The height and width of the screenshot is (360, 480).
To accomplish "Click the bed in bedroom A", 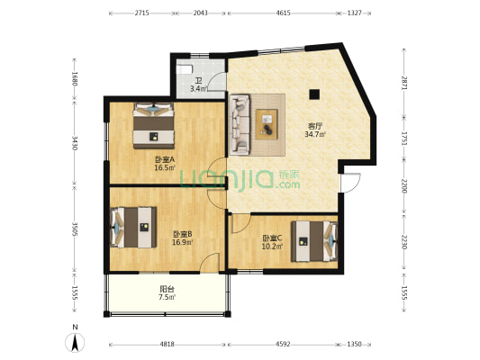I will tap(154, 125).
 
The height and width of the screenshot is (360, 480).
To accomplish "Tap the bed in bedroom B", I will tap(133, 226).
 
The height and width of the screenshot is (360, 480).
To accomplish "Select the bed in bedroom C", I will tap(314, 240).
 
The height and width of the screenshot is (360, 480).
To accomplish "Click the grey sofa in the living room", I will tap(241, 125).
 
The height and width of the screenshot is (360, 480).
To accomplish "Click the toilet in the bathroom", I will tap(184, 68).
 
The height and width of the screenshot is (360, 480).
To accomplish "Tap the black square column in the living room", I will tap(314, 94).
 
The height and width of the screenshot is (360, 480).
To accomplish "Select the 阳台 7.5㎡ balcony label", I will tap(167, 292).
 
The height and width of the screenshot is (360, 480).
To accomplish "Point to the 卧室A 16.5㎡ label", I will tap(164, 163).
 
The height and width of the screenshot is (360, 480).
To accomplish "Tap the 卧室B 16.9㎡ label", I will tap(183, 238).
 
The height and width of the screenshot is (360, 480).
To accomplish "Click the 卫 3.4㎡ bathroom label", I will tap(198, 85).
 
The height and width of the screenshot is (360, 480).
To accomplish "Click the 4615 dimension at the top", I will tap(282, 13).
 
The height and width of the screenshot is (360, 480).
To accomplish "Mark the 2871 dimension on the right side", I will tap(404, 83).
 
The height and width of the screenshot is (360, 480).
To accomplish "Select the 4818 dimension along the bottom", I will tap(168, 345).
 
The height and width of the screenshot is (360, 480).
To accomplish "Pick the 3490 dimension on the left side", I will tap(75, 143).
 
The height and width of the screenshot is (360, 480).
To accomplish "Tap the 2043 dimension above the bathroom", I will tap(200, 13).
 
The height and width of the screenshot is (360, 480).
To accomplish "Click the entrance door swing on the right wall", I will tap(350, 181).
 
